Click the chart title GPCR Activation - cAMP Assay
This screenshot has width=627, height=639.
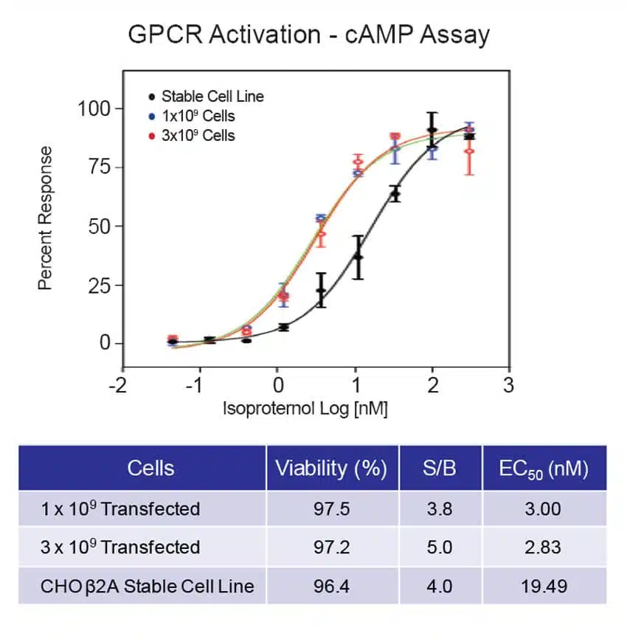(x=308, y=35)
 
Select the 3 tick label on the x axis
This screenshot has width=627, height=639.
(x=508, y=385)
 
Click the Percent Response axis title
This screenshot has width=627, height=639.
(x=46, y=218)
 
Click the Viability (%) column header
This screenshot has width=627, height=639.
(x=331, y=469)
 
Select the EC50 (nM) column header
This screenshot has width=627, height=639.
(x=544, y=469)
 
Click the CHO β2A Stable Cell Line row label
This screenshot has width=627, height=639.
(x=148, y=586)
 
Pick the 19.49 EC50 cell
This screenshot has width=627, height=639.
(x=544, y=586)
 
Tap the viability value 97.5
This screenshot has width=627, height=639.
(x=331, y=508)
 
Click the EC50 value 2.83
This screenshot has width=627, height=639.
(x=544, y=548)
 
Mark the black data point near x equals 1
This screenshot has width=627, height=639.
(x=358, y=257)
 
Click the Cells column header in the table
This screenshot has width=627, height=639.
(x=150, y=469)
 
